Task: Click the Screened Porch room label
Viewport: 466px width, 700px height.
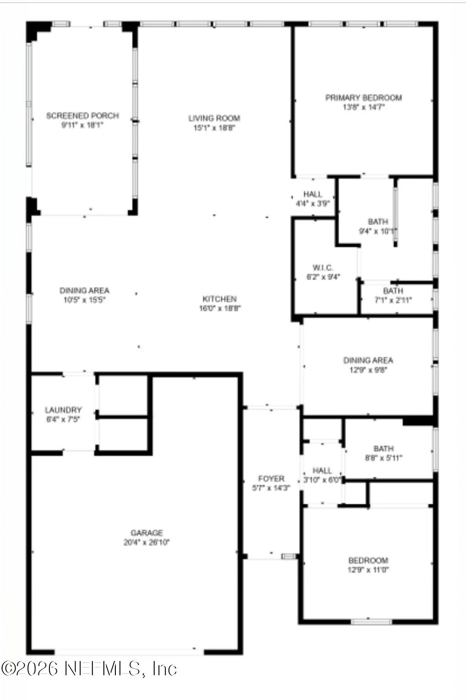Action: [82, 115]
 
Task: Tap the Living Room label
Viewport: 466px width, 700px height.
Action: [214, 118]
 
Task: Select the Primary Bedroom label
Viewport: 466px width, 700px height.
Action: [363, 98]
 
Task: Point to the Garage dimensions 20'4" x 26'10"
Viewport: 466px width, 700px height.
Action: [146, 542]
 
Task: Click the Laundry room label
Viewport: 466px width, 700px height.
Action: [63, 410]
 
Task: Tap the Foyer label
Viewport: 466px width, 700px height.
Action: [271, 478]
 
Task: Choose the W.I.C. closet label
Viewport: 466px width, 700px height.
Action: [323, 268]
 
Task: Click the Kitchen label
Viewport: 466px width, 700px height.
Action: [220, 299]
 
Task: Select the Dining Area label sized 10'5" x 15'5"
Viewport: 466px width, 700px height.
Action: [84, 290]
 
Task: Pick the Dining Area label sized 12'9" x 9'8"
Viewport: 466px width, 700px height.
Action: [368, 360]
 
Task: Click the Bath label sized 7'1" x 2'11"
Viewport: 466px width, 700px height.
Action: [393, 291]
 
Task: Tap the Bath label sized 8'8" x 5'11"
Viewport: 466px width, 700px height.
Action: [384, 448]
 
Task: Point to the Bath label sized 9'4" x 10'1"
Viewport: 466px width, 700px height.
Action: [378, 222]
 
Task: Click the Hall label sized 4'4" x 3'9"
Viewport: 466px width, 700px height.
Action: [313, 194]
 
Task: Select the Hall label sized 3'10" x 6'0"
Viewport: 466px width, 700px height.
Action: [322, 470]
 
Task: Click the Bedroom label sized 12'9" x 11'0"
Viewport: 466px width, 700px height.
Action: [368, 560]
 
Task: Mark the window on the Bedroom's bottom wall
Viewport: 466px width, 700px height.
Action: [371, 622]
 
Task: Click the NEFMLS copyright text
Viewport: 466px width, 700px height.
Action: [89, 669]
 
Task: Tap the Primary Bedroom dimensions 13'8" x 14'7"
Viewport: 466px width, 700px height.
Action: [363, 107]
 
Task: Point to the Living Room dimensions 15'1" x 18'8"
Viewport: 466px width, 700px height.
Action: [214, 128]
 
